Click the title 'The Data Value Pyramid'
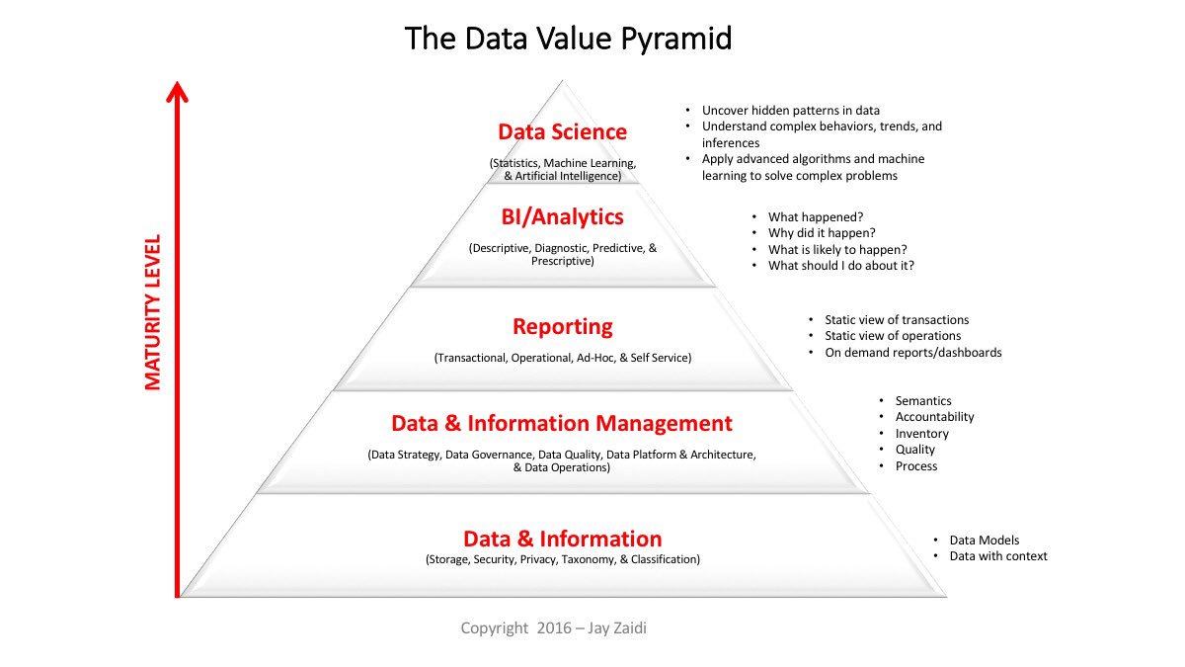tap(568, 39)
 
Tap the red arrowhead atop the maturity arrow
tap(178, 92)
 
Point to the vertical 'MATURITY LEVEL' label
tap(153, 312)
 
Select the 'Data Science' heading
tap(562, 132)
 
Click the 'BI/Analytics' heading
tap(562, 216)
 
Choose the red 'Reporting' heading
tap(562, 327)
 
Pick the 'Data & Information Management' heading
tap(562, 424)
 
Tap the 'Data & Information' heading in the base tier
tap(562, 539)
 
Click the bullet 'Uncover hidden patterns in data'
tap(790, 111)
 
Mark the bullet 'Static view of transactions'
tap(897, 320)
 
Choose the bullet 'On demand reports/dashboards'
tap(912, 353)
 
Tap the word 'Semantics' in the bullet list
tap(923, 401)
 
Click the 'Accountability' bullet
tap(934, 417)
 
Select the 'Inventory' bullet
tap(921, 434)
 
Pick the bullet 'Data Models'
tap(984, 541)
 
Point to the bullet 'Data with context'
tap(997, 556)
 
